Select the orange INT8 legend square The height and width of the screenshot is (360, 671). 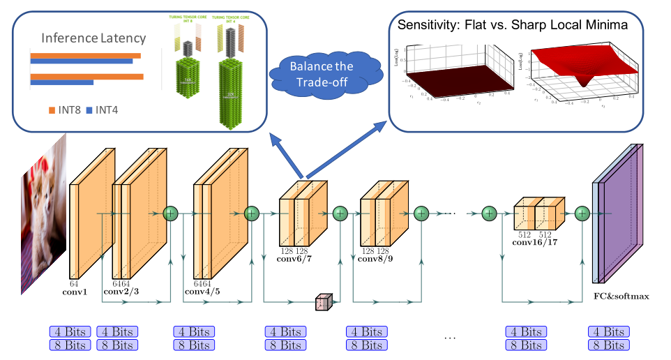pyautogui.click(x=51, y=110)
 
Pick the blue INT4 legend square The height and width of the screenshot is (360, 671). pyautogui.click(x=89, y=110)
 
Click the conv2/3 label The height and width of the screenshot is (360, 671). pyautogui.click(x=120, y=292)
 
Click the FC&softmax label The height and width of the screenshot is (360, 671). pyautogui.click(x=621, y=297)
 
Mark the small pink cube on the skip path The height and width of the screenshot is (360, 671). pyautogui.click(x=323, y=302)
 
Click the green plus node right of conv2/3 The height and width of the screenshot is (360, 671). pyautogui.click(x=170, y=213)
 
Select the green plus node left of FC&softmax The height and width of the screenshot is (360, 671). pyautogui.click(x=582, y=213)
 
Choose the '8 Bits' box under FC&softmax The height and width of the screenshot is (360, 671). pyautogui.click(x=608, y=345)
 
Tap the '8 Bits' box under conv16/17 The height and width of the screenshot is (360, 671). pyautogui.click(x=525, y=345)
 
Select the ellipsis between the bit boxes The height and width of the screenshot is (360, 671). pyautogui.click(x=450, y=339)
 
